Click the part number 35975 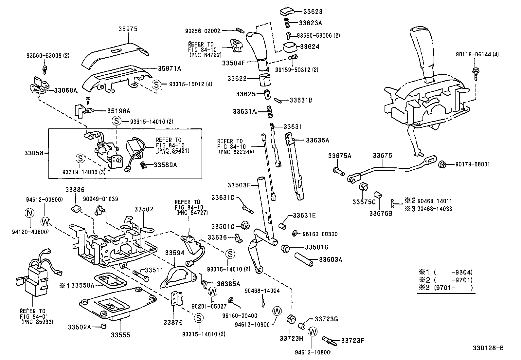[128, 29]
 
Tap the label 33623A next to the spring [310, 23]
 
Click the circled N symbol [29, 213]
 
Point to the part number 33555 [120, 335]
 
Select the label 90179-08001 [473, 164]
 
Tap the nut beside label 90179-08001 [442, 165]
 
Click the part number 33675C [364, 202]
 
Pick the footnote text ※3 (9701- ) [446, 288]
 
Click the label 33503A [331, 260]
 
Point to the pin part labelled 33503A [304, 260]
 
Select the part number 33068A [65, 90]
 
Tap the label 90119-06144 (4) [477, 54]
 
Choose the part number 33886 [75, 190]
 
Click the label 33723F [352, 341]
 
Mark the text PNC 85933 [37, 322]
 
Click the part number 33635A [317, 140]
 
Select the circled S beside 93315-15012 [156, 85]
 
